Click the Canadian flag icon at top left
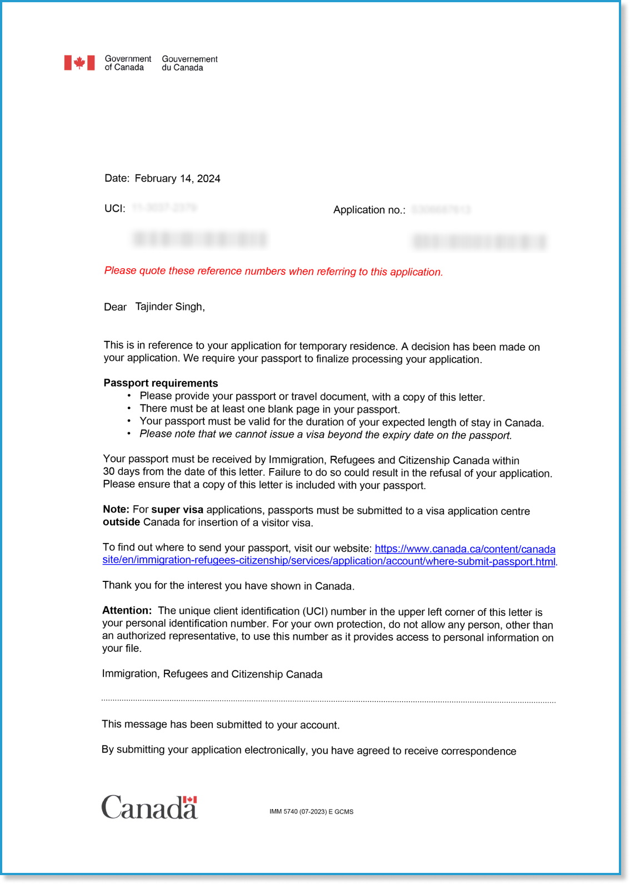pyautogui.click(x=79, y=63)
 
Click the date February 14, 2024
pyautogui.click(x=177, y=178)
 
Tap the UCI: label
pyautogui.click(x=115, y=208)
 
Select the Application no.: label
pyautogui.click(x=369, y=210)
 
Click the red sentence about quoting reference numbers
pyautogui.click(x=273, y=271)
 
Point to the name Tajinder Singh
pyautogui.click(x=170, y=307)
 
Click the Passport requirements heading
pyautogui.click(x=161, y=383)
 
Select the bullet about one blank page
pyautogui.click(x=269, y=409)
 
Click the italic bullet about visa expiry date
pyautogui.click(x=326, y=435)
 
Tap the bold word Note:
pyautogui.click(x=116, y=509)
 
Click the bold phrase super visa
pyautogui.click(x=177, y=510)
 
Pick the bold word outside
pyautogui.click(x=121, y=522)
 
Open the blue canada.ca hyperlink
pyautogui.click(x=465, y=549)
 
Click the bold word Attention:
pyautogui.click(x=127, y=610)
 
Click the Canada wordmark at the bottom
pyautogui.click(x=149, y=807)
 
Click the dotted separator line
pyautogui.click(x=328, y=701)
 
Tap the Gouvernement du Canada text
pyautogui.click(x=189, y=63)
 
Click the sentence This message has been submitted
pyautogui.click(x=221, y=725)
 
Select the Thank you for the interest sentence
pyautogui.click(x=228, y=586)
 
